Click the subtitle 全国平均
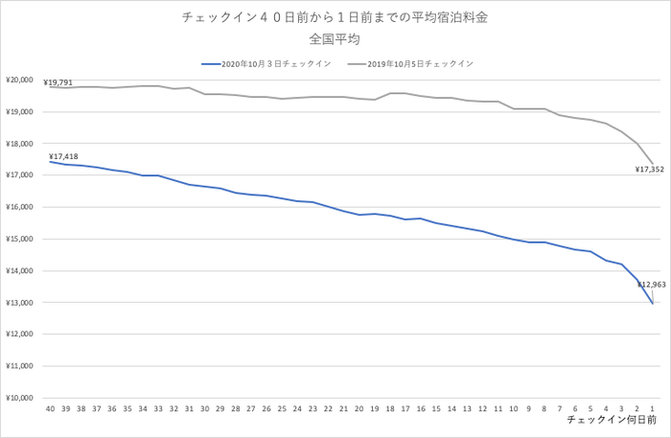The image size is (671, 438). [x=335, y=39]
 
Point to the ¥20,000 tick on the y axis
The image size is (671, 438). [x=20, y=81]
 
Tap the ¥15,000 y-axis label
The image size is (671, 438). [x=20, y=240]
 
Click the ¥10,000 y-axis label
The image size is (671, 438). [x=20, y=398]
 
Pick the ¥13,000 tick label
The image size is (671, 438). [x=20, y=303]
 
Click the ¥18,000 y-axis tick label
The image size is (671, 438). [x=20, y=144]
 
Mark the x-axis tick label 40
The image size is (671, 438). [x=50, y=408]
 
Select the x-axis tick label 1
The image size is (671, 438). [x=653, y=408]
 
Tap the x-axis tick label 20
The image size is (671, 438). [x=359, y=408]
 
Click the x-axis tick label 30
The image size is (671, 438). [x=204, y=408]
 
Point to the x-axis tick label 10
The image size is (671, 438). [x=514, y=408]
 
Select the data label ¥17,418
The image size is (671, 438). [x=63, y=154]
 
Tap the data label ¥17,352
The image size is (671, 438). [x=649, y=170]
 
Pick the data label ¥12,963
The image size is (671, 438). [x=651, y=285]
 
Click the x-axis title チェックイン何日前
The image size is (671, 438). [x=612, y=421]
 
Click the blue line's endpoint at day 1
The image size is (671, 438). [x=653, y=304]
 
